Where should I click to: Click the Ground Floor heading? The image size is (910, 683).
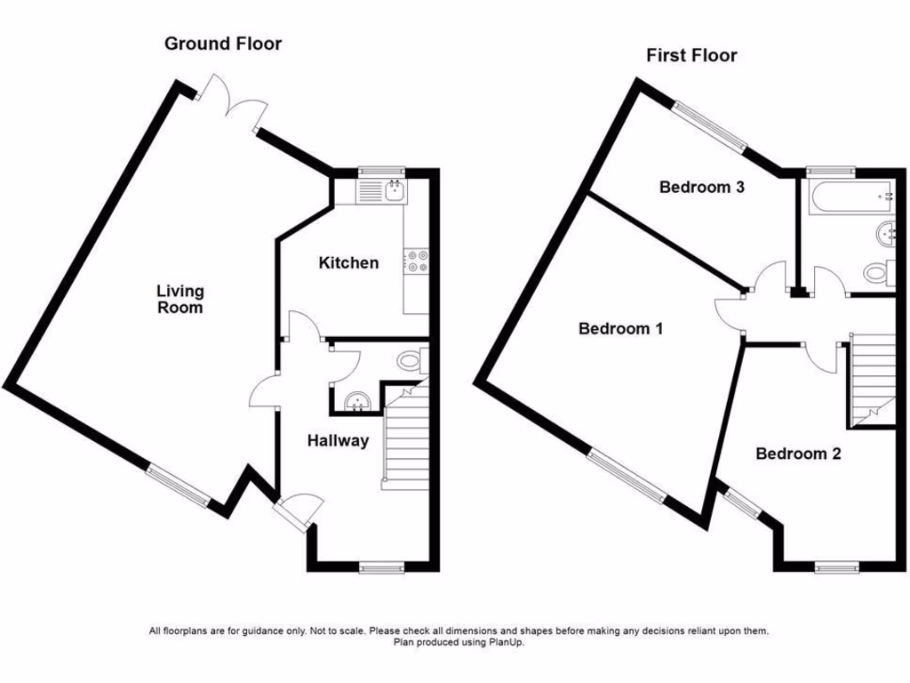pyautogui.click(x=223, y=44)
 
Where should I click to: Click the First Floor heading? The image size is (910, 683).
pyautogui.click(x=691, y=55)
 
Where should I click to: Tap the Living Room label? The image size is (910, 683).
pyautogui.click(x=180, y=299)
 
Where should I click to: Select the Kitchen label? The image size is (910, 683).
pyautogui.click(x=348, y=262)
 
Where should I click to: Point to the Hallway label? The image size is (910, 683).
pyautogui.click(x=338, y=440)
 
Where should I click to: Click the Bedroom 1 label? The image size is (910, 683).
pyautogui.click(x=621, y=328)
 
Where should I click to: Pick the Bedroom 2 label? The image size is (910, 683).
pyautogui.click(x=798, y=454)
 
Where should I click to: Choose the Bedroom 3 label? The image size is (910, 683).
pyautogui.click(x=701, y=187)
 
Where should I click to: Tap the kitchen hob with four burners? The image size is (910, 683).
pyautogui.click(x=416, y=261)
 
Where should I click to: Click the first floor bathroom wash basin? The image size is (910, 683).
pyautogui.click(x=885, y=234)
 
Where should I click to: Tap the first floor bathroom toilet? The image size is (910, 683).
pyautogui.click(x=877, y=270)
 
